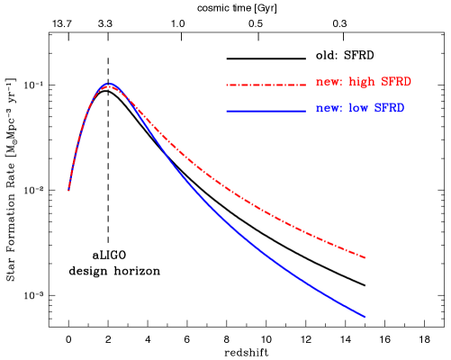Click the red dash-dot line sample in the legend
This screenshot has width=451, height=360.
pos(266,85)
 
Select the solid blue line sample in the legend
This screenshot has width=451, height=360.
pos(266,111)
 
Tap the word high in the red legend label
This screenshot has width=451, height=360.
pos(361,82)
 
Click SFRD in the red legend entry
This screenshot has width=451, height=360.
pos(396,82)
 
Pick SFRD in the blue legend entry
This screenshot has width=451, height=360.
pos(389,108)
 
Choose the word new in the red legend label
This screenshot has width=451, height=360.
pos(326,83)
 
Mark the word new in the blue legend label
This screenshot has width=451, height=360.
pos(326,109)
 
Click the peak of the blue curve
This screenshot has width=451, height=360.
pos(109,84)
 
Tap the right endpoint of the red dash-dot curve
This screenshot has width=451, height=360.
pos(365,257)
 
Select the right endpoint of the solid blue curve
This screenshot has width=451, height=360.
pos(365,317)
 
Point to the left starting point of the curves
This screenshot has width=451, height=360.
pos(68,190)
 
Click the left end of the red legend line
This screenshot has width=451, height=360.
pos(227,85)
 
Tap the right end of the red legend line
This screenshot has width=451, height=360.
pos(305,85)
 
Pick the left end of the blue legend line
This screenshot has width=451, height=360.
pos(227,111)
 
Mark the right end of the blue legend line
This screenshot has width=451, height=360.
pos(305,111)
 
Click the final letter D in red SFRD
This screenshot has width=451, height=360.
pos(408,82)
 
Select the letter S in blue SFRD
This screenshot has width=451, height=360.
pos(377,108)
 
